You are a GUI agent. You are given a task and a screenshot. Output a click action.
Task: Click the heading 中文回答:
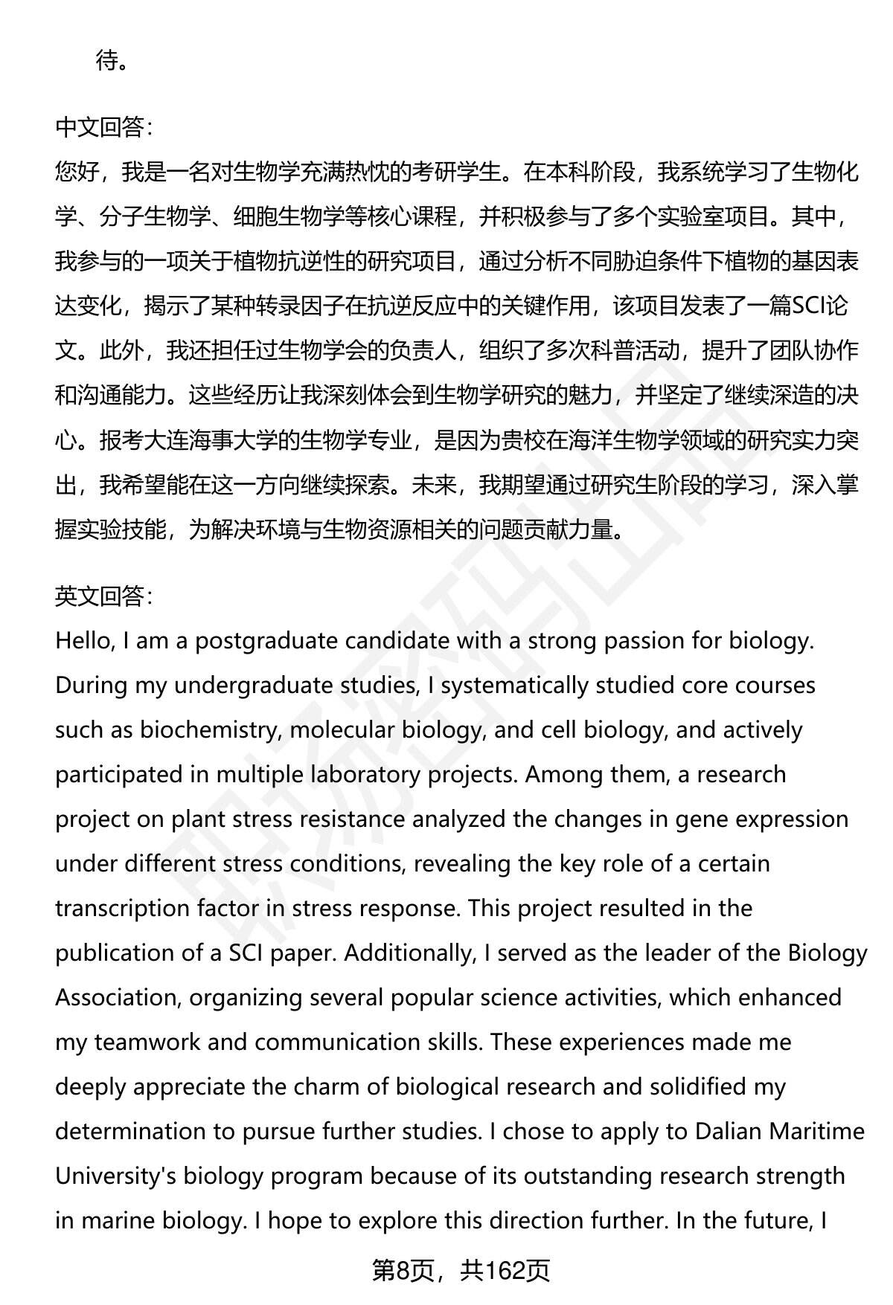pos(104,128)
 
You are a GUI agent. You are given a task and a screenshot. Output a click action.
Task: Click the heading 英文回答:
pos(104,596)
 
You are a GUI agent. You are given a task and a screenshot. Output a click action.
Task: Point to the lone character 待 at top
pos(107,61)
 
